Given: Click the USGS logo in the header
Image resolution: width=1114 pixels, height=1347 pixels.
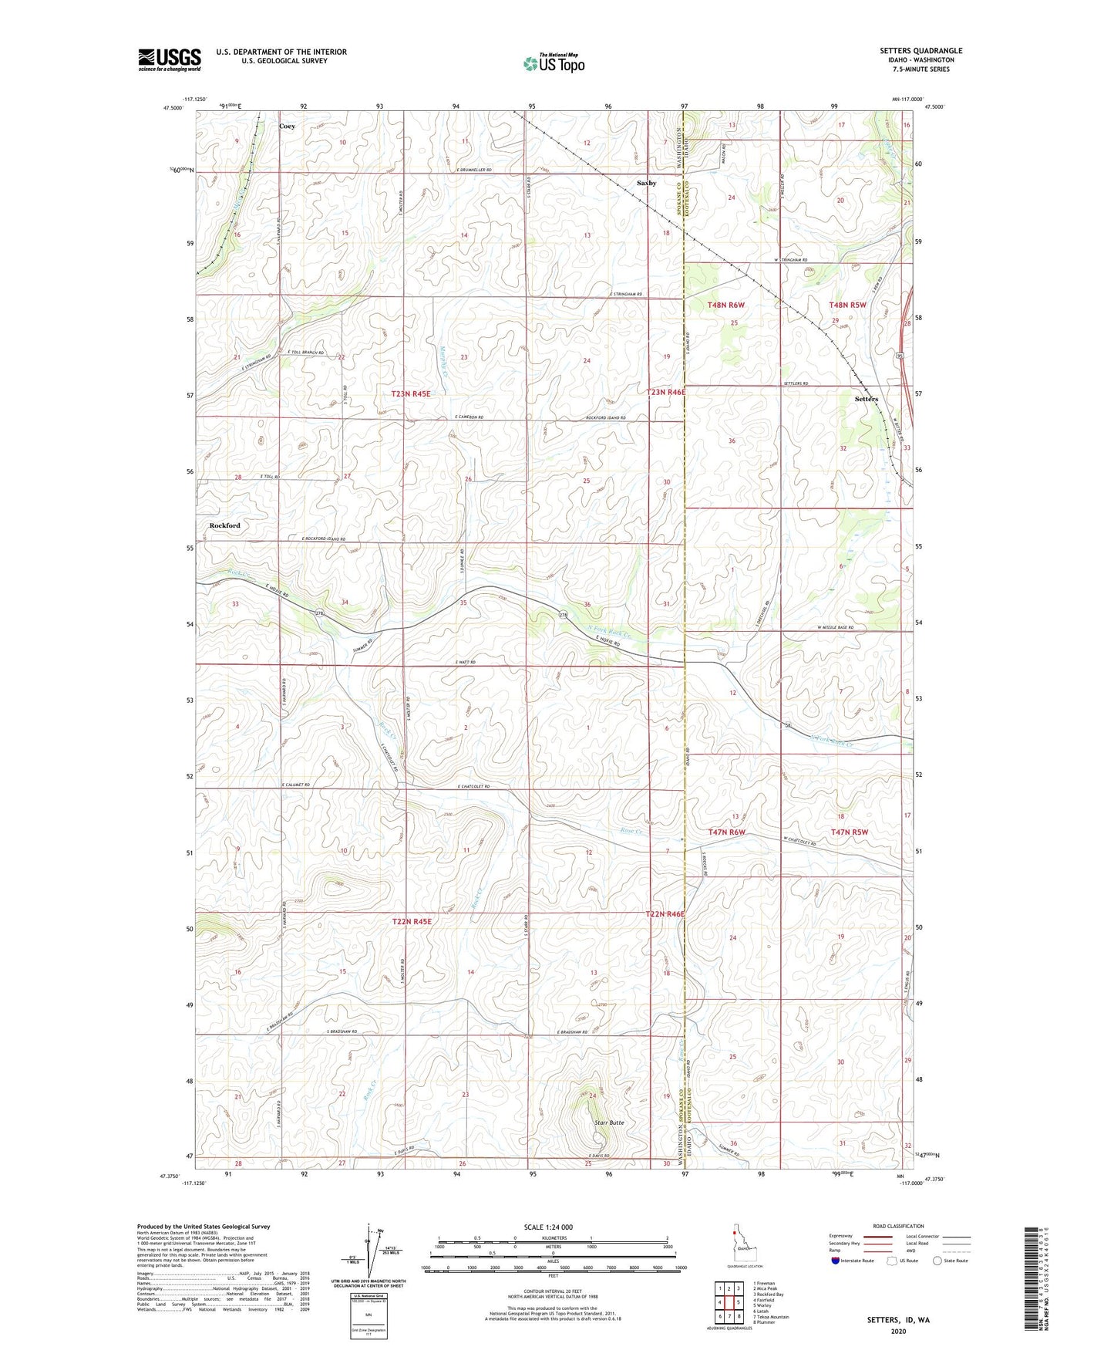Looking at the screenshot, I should (x=169, y=59).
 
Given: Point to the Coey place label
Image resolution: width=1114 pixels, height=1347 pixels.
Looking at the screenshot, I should (x=287, y=126).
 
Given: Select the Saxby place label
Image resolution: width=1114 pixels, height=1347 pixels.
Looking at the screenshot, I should (x=646, y=183).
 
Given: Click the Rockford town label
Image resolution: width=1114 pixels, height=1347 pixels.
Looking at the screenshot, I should (x=224, y=525).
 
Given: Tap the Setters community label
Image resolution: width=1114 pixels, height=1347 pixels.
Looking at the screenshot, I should (x=866, y=399).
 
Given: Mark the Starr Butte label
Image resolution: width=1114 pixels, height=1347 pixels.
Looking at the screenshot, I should (x=609, y=1122).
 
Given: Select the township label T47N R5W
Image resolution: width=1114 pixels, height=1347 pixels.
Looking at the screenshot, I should (x=849, y=832).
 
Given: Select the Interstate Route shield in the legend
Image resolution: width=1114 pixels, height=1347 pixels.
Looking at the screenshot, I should (x=836, y=1261).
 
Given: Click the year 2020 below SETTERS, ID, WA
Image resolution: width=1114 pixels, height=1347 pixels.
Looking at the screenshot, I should (x=898, y=1331).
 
